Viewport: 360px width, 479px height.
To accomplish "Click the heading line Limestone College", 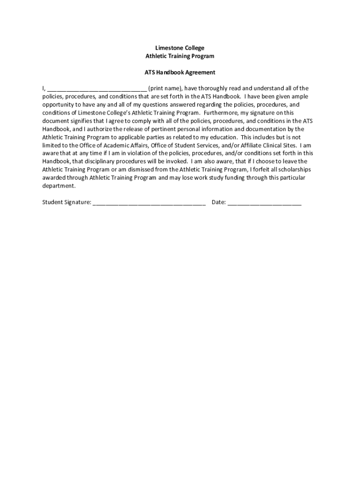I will pyautogui.click(x=180, y=48).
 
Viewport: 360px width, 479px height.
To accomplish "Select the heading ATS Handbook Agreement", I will pyautogui.click(x=180, y=73).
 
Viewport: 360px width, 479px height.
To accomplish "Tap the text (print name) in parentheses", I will pyautogui.click(x=165, y=88).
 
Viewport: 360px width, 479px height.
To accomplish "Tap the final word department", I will pyautogui.click(x=58, y=186).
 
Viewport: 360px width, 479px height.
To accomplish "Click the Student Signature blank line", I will pyautogui.click(x=149, y=203).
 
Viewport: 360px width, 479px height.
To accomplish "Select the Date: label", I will pyautogui.click(x=219, y=203).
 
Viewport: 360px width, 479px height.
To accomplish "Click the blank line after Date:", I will pyautogui.click(x=265, y=203).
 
